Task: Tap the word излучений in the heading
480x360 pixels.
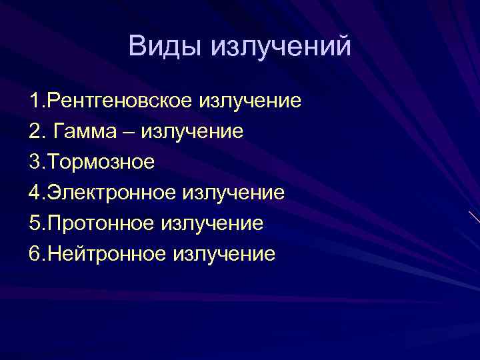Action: pyautogui.click(x=281, y=47)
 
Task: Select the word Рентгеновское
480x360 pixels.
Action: pyautogui.click(x=116, y=101)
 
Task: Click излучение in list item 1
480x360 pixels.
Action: pyautogui.click(x=250, y=101)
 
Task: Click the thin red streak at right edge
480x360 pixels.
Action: pyautogui.click(x=474, y=217)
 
